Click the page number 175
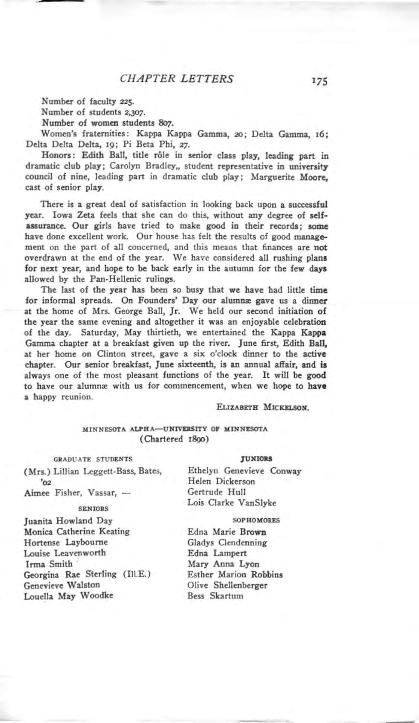tap(318, 81)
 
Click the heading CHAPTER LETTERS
tap(176, 78)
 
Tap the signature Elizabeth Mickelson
tap(263, 407)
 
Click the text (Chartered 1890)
tap(174, 439)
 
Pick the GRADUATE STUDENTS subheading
tap(93, 459)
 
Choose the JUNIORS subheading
tap(258, 459)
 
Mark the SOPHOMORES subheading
tap(256, 520)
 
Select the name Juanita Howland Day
tap(68, 521)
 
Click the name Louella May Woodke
tap(69, 596)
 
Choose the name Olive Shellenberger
tap(228, 585)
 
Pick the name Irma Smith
tap(48, 564)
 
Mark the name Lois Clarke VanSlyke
tap(232, 503)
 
